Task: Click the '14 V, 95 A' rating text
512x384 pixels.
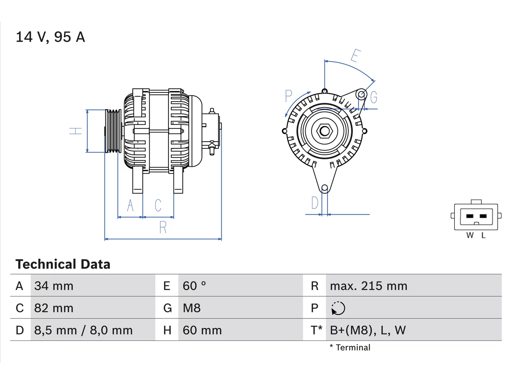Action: point(50,37)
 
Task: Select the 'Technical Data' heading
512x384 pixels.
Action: point(63,264)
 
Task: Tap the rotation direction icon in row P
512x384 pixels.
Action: point(338,308)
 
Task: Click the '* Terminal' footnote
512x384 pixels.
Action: point(350,348)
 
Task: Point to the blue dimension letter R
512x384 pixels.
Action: point(163,227)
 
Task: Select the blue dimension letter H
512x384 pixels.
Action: point(76,131)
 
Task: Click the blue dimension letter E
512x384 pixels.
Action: point(356,56)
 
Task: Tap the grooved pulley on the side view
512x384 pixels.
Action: point(113,131)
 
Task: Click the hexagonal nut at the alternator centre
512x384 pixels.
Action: point(324,131)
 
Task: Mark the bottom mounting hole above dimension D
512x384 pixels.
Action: point(324,188)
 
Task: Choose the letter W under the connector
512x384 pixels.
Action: point(470,236)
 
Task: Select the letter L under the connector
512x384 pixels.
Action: point(484,236)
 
